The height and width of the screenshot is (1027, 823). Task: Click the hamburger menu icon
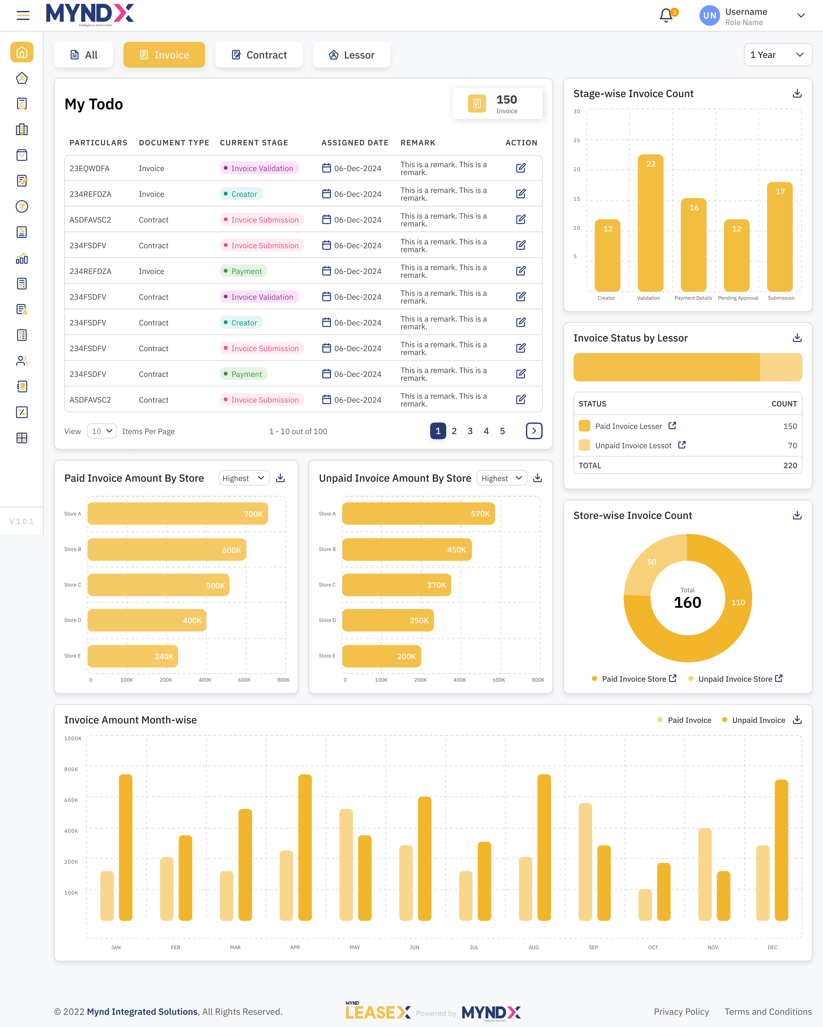(x=23, y=15)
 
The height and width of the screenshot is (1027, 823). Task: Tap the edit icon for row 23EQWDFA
(x=521, y=168)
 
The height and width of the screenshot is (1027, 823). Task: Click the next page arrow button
(x=534, y=431)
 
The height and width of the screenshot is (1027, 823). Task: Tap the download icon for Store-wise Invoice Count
(x=797, y=515)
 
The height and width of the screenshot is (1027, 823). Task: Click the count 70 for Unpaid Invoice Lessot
(x=792, y=445)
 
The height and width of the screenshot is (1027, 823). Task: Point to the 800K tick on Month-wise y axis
(x=71, y=769)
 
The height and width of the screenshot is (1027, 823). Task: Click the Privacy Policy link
(x=681, y=1012)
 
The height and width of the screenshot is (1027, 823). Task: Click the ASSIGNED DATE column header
(x=355, y=143)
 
